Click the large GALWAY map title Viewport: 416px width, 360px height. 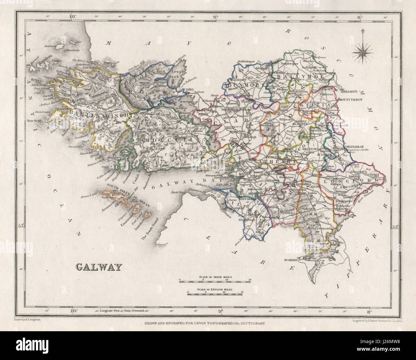click(99, 266)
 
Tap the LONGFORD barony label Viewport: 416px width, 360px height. click(357, 182)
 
